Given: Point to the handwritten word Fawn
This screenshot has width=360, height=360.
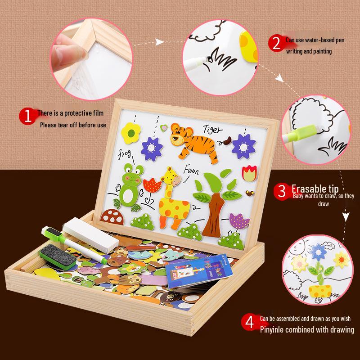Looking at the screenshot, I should click(191, 170).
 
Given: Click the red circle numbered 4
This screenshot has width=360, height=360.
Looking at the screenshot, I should click(249, 323).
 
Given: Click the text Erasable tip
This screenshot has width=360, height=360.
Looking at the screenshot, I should click(315, 188).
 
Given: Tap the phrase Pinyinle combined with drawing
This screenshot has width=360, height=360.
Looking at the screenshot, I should click(306, 330).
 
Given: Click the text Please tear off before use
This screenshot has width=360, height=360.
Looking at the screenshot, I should click(73, 125).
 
